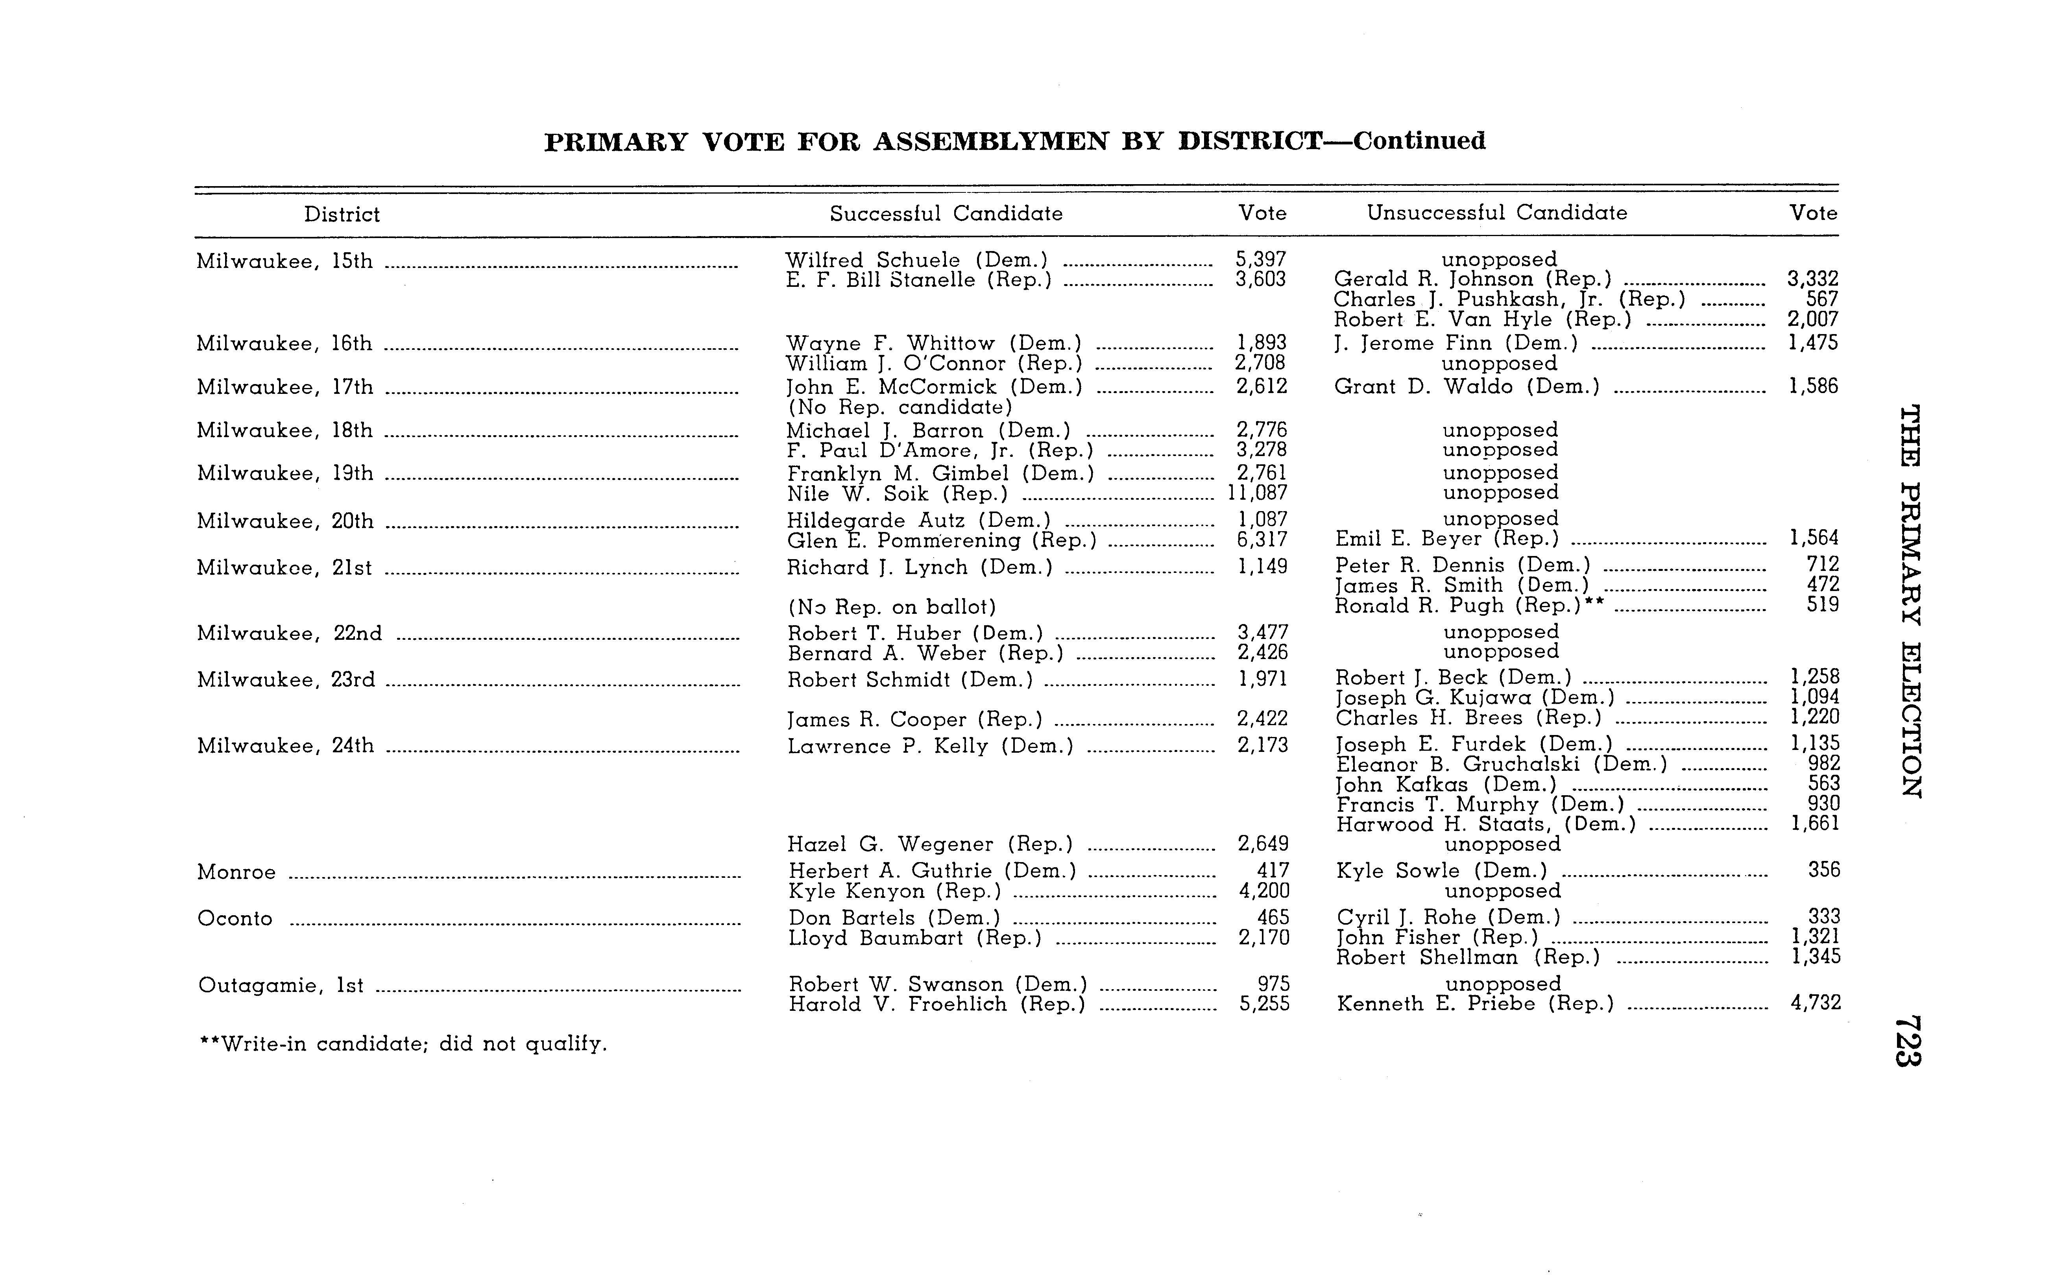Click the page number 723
(1909, 1040)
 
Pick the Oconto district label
(235, 919)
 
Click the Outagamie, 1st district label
(281, 986)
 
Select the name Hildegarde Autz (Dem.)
(919, 521)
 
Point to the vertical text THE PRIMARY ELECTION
(1910, 602)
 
